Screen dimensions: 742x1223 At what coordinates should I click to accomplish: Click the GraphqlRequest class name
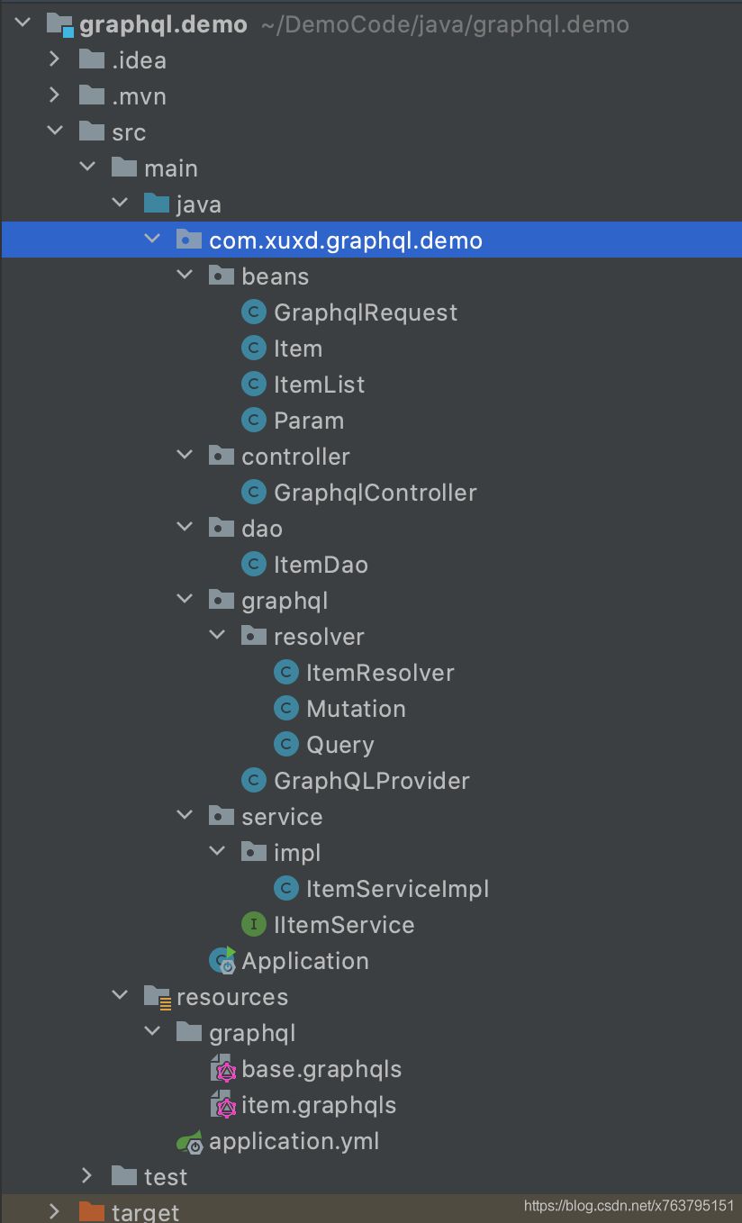click(366, 313)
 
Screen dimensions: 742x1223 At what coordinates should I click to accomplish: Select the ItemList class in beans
click(319, 385)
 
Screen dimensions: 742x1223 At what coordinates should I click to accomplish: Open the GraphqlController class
click(376, 493)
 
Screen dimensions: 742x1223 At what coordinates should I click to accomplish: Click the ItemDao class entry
click(321, 565)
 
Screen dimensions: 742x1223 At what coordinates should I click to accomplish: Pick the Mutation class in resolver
click(356, 710)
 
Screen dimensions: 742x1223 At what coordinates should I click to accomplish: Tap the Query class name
click(340, 746)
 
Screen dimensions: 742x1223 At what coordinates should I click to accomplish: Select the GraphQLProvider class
click(371, 782)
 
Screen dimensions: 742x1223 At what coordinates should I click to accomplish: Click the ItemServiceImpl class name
click(397, 890)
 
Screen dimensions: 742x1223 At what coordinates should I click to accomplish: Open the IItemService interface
click(344, 926)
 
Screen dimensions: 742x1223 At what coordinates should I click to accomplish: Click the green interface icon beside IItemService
click(254, 925)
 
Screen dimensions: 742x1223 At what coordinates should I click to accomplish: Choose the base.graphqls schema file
click(321, 1070)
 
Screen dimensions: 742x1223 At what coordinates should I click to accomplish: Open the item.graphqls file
click(318, 1106)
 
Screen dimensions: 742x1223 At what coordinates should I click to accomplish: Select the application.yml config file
click(294, 1142)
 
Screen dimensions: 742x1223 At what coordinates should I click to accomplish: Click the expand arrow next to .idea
click(54, 59)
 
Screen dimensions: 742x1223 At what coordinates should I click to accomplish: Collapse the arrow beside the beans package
click(185, 275)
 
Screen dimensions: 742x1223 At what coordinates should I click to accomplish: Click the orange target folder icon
click(92, 1211)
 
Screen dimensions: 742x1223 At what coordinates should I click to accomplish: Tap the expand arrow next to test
click(86, 1175)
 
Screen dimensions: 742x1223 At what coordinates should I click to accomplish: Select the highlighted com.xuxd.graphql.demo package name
click(346, 240)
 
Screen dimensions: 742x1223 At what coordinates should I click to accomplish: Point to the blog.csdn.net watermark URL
click(629, 1206)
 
